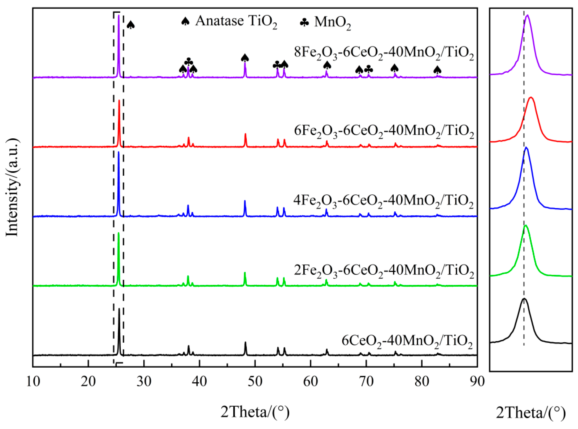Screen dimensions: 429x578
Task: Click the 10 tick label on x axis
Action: point(33,382)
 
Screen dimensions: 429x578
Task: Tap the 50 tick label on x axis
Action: point(255,382)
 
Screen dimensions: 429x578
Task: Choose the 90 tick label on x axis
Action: point(477,382)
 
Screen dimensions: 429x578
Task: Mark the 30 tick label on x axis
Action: point(144,382)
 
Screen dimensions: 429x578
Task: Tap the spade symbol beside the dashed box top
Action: point(131,25)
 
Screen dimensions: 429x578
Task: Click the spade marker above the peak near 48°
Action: point(245,58)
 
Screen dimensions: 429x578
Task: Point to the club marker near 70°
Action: point(369,69)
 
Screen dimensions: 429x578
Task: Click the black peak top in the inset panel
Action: point(524,299)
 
